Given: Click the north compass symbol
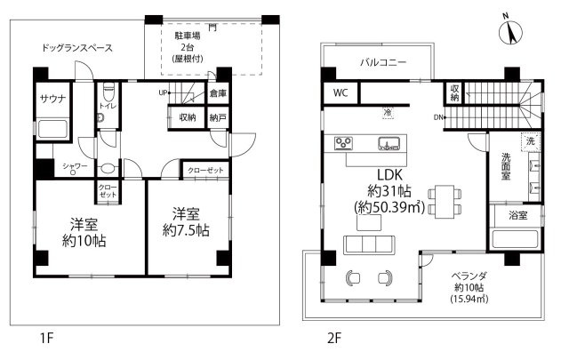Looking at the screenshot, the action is coord(510,31).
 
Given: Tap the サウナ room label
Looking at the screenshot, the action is coord(53,99).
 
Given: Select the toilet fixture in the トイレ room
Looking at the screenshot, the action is coord(108,92).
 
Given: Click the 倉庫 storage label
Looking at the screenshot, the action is coord(218,93).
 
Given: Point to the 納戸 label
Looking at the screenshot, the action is coord(218,117).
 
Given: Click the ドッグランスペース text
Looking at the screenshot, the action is coord(77,48).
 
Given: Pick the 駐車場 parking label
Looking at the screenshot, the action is coord(188,36).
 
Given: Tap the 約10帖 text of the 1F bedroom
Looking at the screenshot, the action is coord(84,241).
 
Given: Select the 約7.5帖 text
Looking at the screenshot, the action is coord(186,230).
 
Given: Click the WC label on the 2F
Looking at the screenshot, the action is coord(341,93).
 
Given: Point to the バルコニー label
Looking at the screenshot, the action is coord(383,62).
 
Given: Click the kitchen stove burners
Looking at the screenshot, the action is coord(343,142).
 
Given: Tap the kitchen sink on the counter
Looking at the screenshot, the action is coord(389,143).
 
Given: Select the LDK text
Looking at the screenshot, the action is coord(389,175).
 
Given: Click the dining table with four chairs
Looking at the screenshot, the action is coord(445,202).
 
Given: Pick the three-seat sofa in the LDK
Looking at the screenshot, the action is coord(370,244).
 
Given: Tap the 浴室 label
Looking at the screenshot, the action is coord(517,216).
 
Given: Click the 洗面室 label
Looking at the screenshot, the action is coord(506,166).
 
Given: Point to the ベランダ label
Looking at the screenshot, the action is coord(469,276).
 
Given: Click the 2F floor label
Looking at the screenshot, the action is coord(334,339).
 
